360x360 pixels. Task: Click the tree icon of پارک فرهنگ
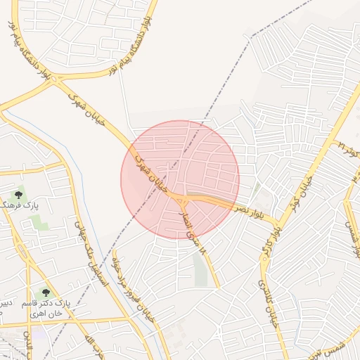18,195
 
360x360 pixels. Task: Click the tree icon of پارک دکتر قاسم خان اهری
46,292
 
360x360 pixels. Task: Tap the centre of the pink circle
180,179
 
